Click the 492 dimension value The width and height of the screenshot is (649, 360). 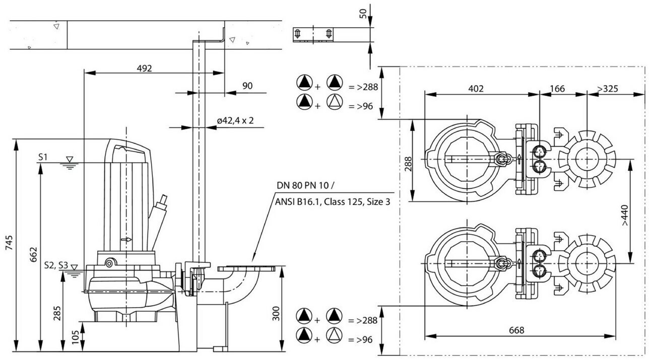[144, 68]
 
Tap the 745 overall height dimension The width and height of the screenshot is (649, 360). [9, 243]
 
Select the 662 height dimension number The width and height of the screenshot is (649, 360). [34, 254]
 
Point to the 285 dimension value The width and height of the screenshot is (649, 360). [57, 313]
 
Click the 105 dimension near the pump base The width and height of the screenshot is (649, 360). [75, 337]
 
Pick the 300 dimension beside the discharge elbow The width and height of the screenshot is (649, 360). [276, 313]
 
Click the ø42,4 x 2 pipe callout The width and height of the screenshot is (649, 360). [235, 120]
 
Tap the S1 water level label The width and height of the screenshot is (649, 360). [43, 157]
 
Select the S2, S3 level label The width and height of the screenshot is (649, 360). [56, 265]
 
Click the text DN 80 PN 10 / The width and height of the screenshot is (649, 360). [305, 185]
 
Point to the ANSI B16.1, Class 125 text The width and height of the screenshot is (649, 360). [318, 201]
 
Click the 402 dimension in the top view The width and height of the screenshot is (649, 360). [476, 89]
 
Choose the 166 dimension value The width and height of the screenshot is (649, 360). [557, 89]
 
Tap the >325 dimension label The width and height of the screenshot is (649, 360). [607, 89]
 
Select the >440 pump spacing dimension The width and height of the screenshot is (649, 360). [624, 215]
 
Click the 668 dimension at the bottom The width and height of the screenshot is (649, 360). [516, 330]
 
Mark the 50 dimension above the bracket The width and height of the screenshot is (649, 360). [363, 14]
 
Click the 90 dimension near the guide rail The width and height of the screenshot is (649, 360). [247, 86]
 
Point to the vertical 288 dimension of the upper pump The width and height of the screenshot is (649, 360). [408, 164]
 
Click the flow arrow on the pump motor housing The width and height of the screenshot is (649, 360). [126, 240]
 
